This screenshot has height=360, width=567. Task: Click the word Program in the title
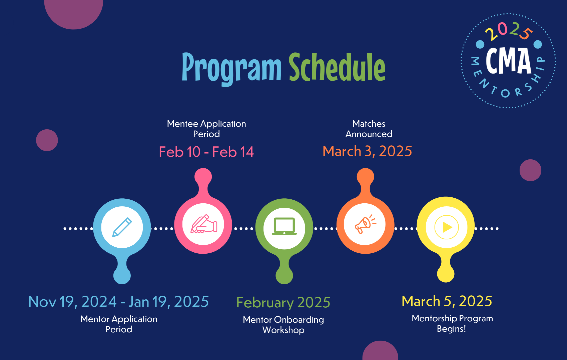point(231,68)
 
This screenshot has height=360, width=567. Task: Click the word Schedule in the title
point(337,68)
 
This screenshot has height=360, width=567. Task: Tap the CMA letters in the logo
point(508,61)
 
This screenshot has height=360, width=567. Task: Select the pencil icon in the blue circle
point(122,227)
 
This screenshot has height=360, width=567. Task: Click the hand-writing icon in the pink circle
point(203,224)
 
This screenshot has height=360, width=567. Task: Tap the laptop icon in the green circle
point(284,227)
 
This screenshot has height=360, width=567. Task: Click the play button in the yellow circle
point(447,227)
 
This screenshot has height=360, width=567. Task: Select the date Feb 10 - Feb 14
point(206,152)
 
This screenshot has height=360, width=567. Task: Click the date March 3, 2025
point(367,151)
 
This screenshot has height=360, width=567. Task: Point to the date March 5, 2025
point(447,301)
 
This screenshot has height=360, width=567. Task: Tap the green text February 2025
point(283,303)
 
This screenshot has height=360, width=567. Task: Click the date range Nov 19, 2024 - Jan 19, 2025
point(118,302)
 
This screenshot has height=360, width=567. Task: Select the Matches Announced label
point(369,129)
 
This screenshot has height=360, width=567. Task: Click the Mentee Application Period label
point(206,129)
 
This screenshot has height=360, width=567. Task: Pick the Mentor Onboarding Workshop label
point(283,325)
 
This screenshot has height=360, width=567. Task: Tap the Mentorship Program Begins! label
point(452,323)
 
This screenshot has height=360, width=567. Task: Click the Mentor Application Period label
point(119,324)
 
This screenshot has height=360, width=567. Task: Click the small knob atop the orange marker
point(366,176)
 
